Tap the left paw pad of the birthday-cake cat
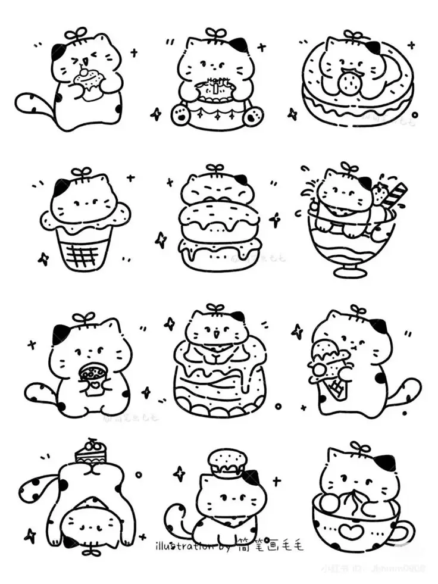pyautogui.click(x=179, y=115)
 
